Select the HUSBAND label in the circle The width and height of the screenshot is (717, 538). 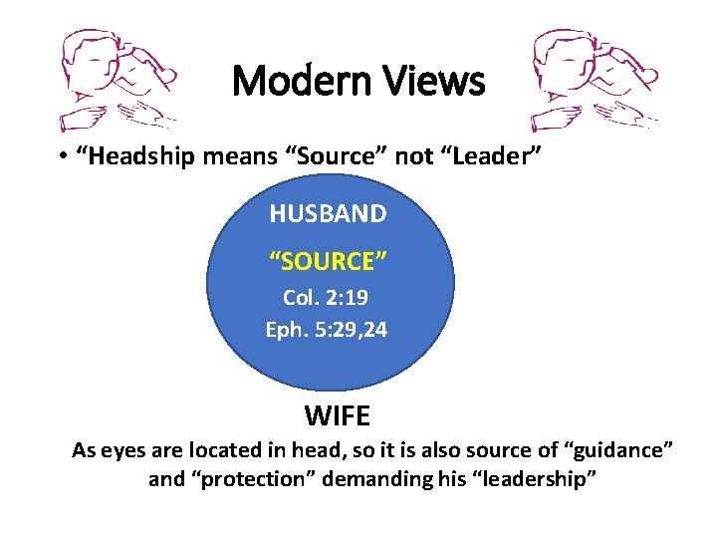click(x=328, y=213)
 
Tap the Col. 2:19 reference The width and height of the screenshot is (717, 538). click(x=327, y=298)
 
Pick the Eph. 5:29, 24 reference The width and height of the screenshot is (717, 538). click(x=327, y=329)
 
